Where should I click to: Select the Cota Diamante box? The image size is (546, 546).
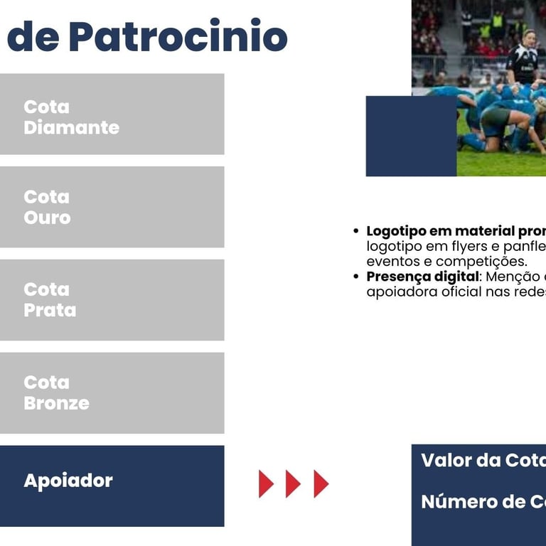pyautogui.click(x=112, y=114)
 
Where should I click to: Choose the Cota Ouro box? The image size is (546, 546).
pyautogui.click(x=112, y=207)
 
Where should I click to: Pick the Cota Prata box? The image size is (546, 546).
pyautogui.click(x=112, y=300)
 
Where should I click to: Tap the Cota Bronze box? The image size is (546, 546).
pyautogui.click(x=112, y=392)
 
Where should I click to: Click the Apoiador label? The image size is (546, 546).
pyautogui.click(x=68, y=481)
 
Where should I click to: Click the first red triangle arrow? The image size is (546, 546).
pyautogui.click(x=266, y=483)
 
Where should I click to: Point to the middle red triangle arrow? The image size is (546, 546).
pyautogui.click(x=293, y=483)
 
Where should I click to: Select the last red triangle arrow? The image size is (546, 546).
pyautogui.click(x=321, y=483)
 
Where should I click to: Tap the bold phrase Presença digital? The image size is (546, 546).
pyautogui.click(x=423, y=277)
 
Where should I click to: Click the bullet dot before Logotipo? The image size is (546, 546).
pyautogui.click(x=355, y=231)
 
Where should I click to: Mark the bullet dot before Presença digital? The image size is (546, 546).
pyautogui.click(x=355, y=277)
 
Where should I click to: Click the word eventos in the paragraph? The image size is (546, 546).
pyautogui.click(x=393, y=262)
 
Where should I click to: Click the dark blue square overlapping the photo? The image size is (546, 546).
pyautogui.click(x=411, y=136)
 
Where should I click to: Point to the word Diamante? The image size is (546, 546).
pyautogui.click(x=71, y=127)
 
